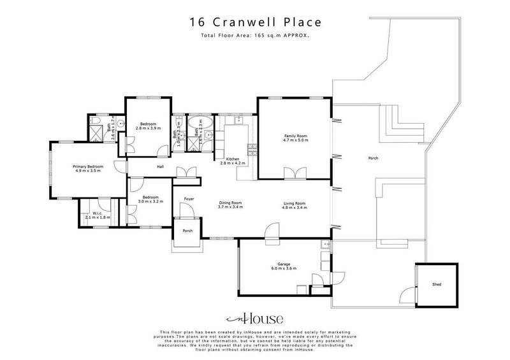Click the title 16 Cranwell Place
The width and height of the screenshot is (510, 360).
click(254, 22)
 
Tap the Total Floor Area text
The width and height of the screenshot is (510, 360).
click(254, 36)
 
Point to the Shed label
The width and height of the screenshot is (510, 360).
click(436, 284)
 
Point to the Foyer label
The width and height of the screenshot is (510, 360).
click(189, 198)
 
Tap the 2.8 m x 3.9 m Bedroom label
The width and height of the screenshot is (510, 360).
click(148, 126)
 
